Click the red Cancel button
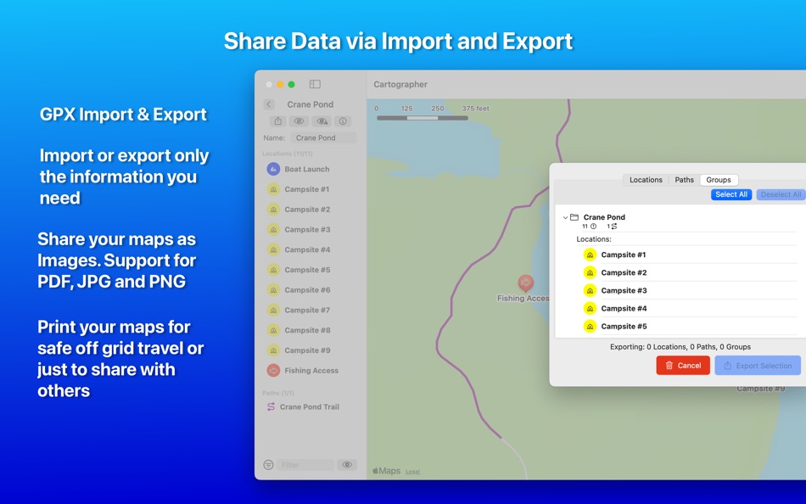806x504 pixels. pos(683,366)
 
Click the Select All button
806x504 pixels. pos(730,194)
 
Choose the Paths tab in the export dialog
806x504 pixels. pos(684,180)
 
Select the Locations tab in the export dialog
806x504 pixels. pos(646,180)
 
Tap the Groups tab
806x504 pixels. pos(719,180)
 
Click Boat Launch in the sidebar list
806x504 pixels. pos(306,170)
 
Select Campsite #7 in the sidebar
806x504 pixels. pos(307,311)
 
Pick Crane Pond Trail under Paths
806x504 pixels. pos(309,407)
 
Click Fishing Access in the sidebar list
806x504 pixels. pos(311,371)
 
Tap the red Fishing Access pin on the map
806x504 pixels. pos(526,283)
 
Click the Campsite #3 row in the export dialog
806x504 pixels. pos(624,290)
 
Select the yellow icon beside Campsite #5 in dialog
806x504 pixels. pos(590,327)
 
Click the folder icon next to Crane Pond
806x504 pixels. pos(574,217)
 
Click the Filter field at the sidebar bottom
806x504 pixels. pos(305,465)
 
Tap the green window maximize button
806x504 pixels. pos(291,85)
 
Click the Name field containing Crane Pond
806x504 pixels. pos(322,137)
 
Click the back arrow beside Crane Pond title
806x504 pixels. pos(269,105)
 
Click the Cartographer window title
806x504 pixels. pos(400,85)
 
